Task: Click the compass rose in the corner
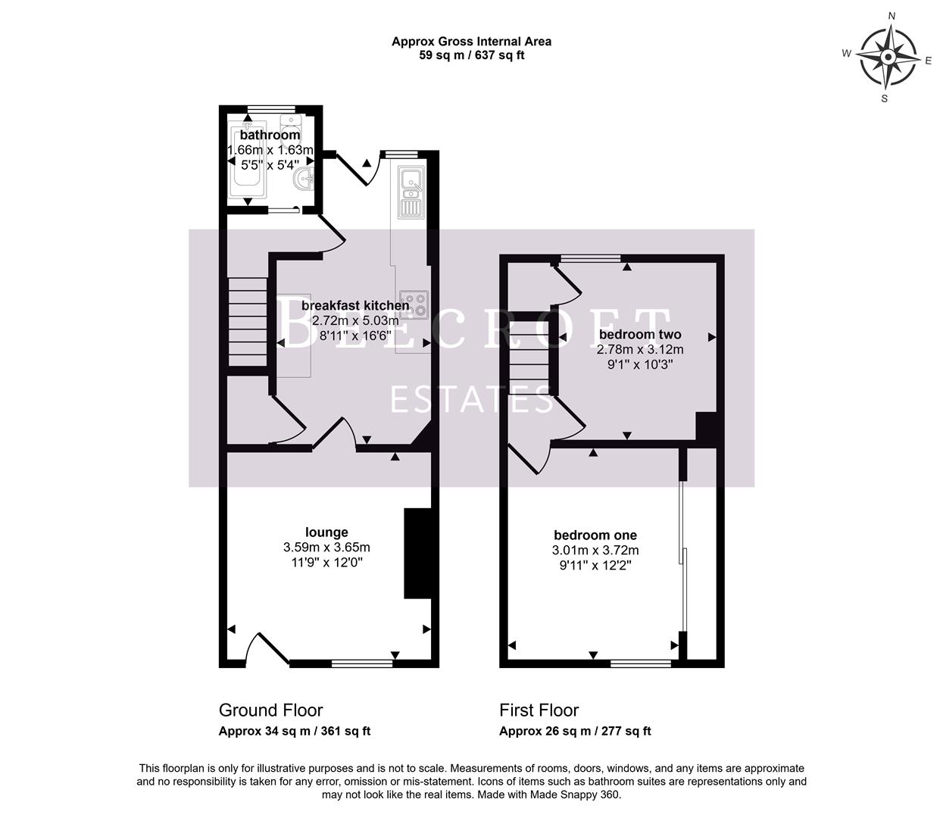pyautogui.click(x=888, y=58)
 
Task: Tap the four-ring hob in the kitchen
pyautogui.click(x=414, y=304)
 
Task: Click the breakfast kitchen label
pyautogui.click(x=355, y=305)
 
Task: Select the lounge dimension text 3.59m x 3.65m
pyautogui.click(x=326, y=548)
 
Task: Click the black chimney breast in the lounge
pyautogui.click(x=417, y=554)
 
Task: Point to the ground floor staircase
pyautogui.click(x=248, y=323)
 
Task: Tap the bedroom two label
pyautogui.click(x=640, y=334)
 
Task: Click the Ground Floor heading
pyautogui.click(x=270, y=710)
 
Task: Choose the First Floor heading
pyautogui.click(x=539, y=710)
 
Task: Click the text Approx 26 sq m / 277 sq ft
pyautogui.click(x=575, y=732)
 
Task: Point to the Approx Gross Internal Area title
pyautogui.click(x=471, y=42)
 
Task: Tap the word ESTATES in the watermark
pyautogui.click(x=471, y=399)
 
